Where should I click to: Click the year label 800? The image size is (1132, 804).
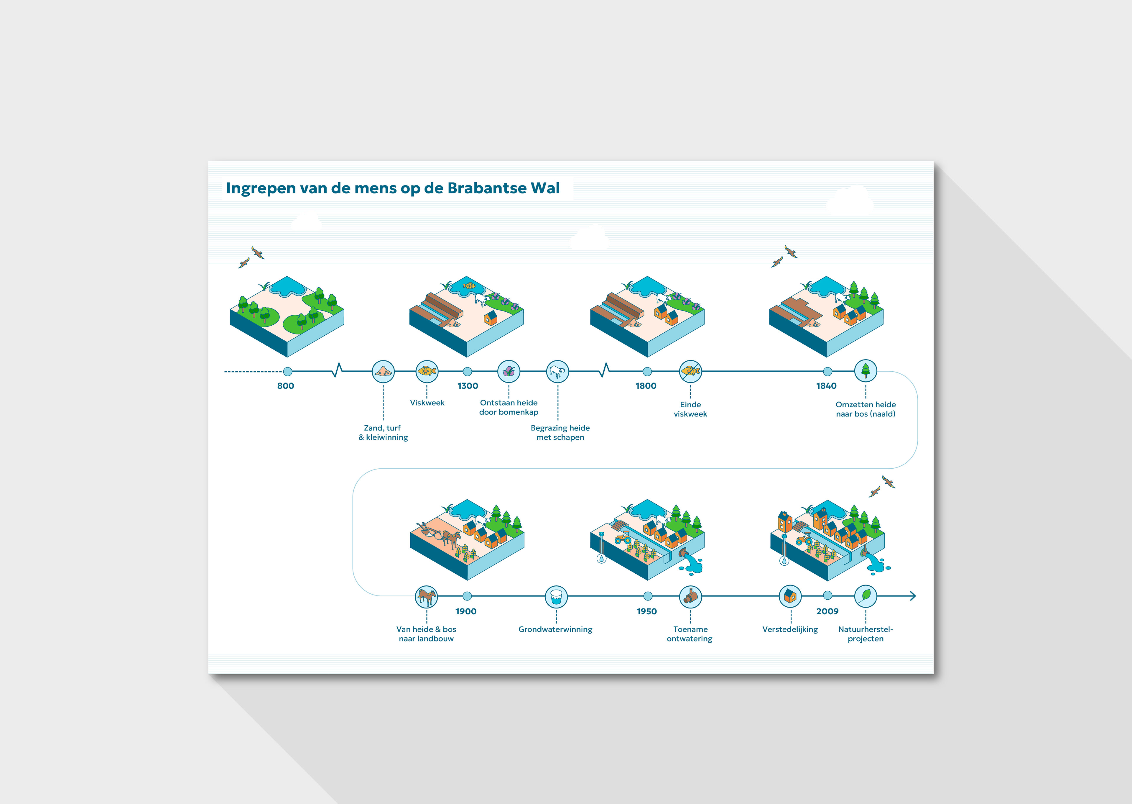285,386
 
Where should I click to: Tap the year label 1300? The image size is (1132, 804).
468,386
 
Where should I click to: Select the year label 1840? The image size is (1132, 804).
826,386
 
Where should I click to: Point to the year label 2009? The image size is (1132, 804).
827,611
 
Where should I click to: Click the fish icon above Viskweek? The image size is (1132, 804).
427,371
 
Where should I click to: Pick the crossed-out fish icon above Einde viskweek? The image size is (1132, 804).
690,371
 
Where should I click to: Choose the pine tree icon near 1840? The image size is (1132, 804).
865,370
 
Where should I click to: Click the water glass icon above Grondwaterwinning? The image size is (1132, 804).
556,597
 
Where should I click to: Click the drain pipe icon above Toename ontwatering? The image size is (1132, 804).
690,597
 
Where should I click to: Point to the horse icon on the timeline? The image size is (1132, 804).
427,597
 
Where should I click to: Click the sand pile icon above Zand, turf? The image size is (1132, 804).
383,371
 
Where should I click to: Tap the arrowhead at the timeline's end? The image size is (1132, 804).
913,596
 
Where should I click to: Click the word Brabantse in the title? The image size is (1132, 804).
487,188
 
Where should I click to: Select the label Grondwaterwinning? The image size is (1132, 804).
555,629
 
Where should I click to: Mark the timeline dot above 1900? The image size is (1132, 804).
467,596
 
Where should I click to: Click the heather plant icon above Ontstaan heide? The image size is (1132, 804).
509,371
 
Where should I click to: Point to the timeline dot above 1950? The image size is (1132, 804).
648,596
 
